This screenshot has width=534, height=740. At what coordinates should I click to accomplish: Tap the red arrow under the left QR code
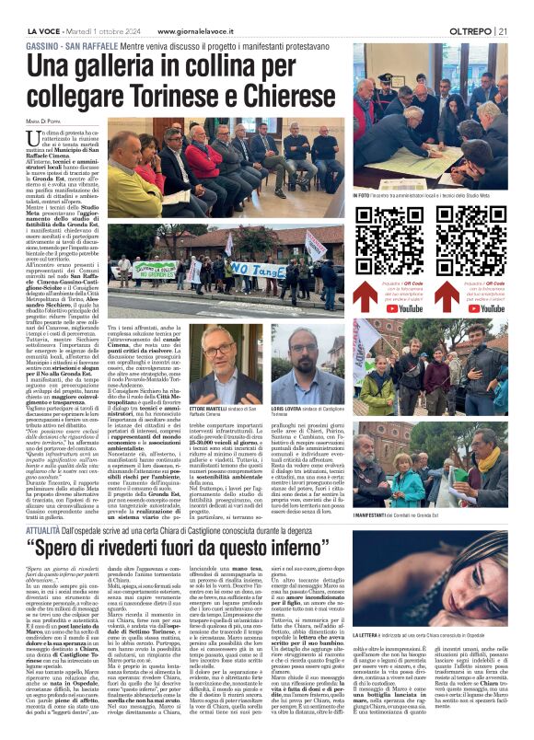[x=388, y=276]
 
